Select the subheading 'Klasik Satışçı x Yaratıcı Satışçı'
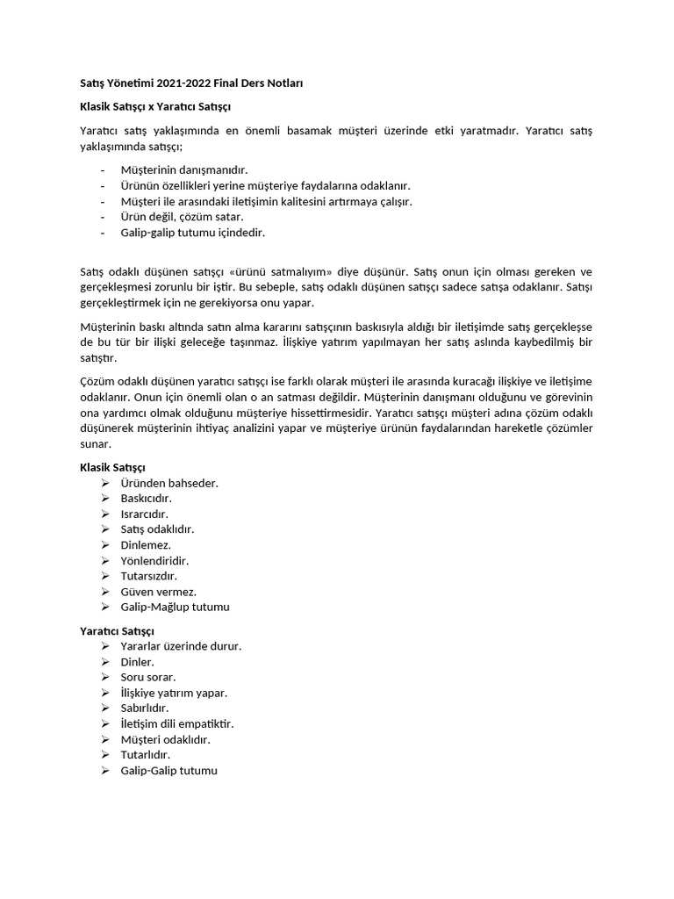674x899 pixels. tap(155, 106)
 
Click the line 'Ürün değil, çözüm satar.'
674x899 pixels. tap(183, 217)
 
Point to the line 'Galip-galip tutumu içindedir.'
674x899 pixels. tap(192, 233)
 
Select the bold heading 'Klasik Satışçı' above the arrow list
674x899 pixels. tap(112, 467)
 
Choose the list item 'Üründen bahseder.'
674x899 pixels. tap(169, 483)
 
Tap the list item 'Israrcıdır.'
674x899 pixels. tap(144, 514)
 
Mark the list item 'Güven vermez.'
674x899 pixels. tap(159, 591)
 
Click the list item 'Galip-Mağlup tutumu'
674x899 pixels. tap(176, 607)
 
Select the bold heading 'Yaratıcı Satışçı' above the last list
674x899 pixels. tap(118, 630)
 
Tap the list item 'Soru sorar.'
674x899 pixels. tap(148, 677)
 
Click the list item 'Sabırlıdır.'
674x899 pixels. tap(145, 708)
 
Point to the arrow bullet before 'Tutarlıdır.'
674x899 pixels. tap(104, 754)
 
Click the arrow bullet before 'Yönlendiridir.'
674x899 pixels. tap(104, 560)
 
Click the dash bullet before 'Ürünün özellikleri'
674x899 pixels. tap(104, 186)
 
